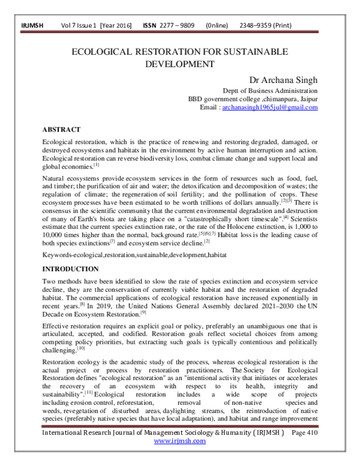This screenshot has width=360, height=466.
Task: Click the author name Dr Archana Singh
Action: click(283, 79)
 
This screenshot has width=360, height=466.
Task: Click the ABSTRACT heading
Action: click(61, 129)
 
